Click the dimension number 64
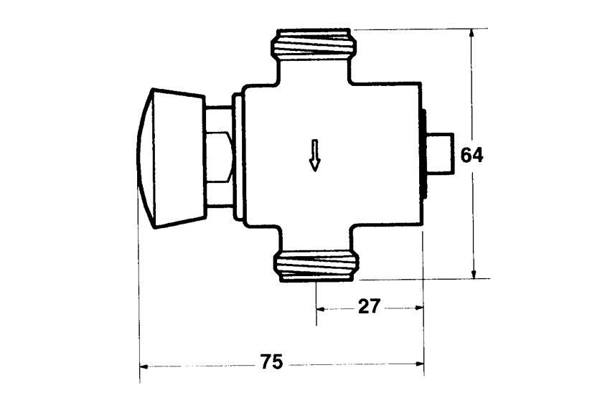click(471, 156)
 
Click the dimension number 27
click(368, 307)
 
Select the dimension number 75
click(271, 362)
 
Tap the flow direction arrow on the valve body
click(315, 155)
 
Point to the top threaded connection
click(314, 44)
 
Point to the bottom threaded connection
click(316, 266)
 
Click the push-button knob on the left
click(172, 158)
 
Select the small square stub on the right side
click(440, 153)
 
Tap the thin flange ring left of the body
click(237, 156)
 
